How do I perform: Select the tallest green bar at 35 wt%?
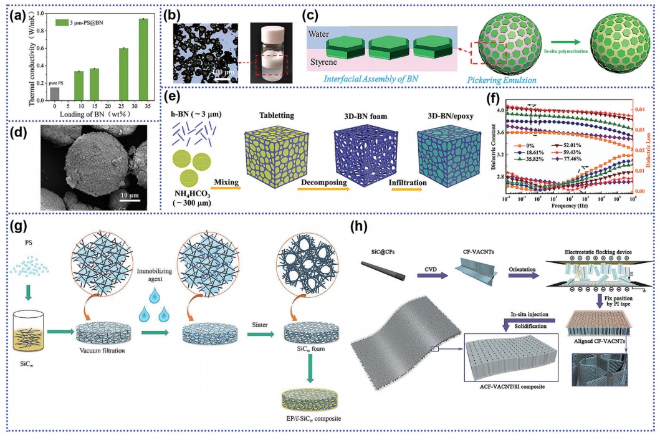point(143,59)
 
